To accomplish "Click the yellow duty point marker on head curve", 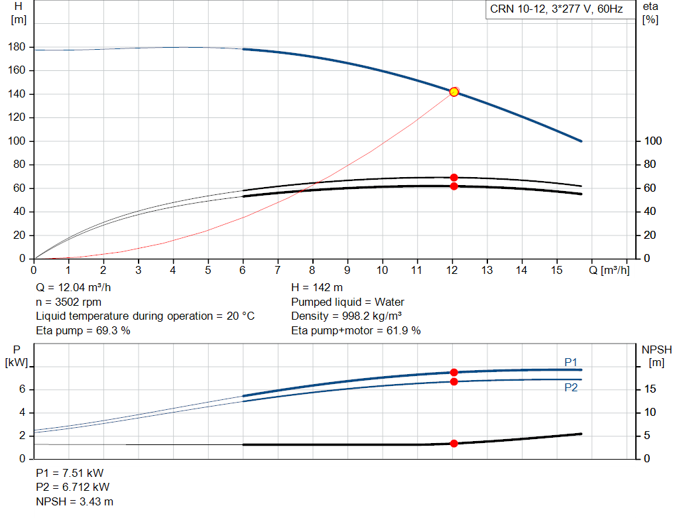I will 454,92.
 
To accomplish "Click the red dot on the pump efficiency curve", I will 454,177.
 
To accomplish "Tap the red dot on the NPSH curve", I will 454,443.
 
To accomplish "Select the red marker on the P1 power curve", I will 454,372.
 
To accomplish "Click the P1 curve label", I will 570,362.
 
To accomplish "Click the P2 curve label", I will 570,387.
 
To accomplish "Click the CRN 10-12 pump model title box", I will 556,9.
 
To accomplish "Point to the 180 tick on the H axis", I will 18,47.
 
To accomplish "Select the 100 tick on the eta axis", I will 652,141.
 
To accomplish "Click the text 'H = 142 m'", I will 317,288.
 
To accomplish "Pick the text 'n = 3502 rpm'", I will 68,302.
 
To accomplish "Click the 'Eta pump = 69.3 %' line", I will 83,330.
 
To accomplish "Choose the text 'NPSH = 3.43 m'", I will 70,501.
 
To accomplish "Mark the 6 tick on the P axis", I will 22,389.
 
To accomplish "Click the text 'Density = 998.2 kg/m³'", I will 347,316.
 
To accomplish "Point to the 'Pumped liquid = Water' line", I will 347,302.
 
